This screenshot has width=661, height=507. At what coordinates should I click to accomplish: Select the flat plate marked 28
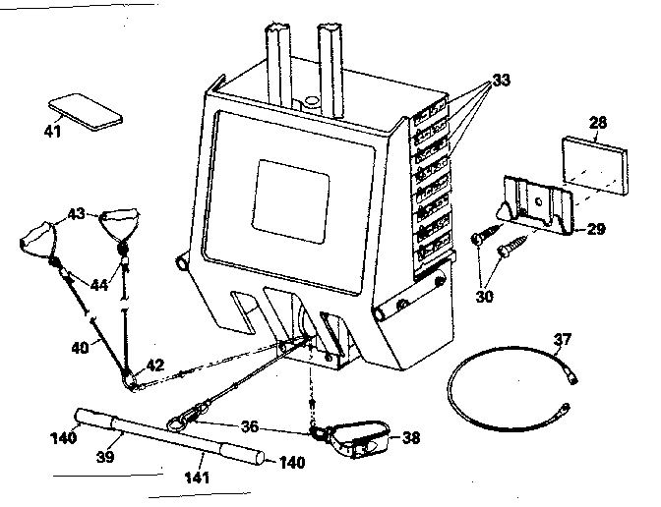point(597,160)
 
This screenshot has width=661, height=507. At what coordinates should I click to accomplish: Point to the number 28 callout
point(598,122)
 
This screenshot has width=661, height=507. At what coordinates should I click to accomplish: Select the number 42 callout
point(154,363)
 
